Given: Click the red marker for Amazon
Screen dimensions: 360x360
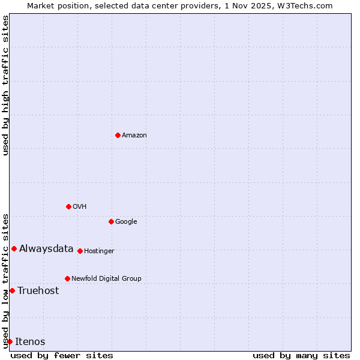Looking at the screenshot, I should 118,135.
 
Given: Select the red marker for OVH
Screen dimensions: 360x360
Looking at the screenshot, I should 68,206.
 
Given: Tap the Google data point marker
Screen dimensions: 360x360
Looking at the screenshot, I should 111,221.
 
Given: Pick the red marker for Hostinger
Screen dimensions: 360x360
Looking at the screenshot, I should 80,251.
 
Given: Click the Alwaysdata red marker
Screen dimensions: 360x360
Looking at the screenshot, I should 14,248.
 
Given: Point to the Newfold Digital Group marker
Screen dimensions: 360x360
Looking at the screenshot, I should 67,278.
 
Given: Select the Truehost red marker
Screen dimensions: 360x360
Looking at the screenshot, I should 12,290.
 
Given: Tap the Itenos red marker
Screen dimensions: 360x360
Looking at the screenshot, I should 10,341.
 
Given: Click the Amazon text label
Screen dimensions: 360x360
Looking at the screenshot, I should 134,136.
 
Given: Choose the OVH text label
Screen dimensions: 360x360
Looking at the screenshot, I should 80,207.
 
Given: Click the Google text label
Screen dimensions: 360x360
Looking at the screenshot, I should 126,222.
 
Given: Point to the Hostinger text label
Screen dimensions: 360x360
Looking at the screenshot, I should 99,251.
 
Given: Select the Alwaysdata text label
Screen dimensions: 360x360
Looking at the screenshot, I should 46,249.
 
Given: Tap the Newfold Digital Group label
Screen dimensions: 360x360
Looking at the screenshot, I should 106,279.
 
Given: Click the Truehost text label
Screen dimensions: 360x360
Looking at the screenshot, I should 38,291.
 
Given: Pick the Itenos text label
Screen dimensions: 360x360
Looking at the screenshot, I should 30,342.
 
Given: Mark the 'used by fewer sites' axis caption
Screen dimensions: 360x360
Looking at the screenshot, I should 62,355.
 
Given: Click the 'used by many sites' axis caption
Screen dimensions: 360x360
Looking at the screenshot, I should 301,355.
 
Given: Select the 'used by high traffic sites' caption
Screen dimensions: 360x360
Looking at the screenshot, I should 6,85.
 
